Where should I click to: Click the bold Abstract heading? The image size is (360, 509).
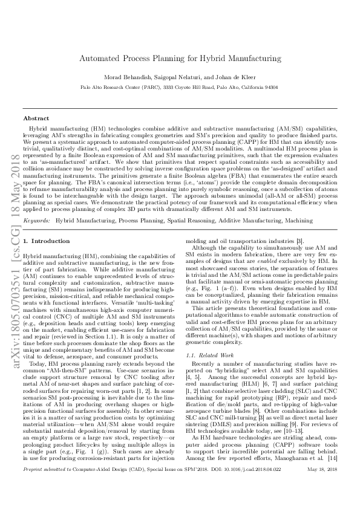pyautogui.click(x=36, y=118)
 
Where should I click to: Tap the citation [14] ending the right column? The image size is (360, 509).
pyautogui.click(x=332, y=478)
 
